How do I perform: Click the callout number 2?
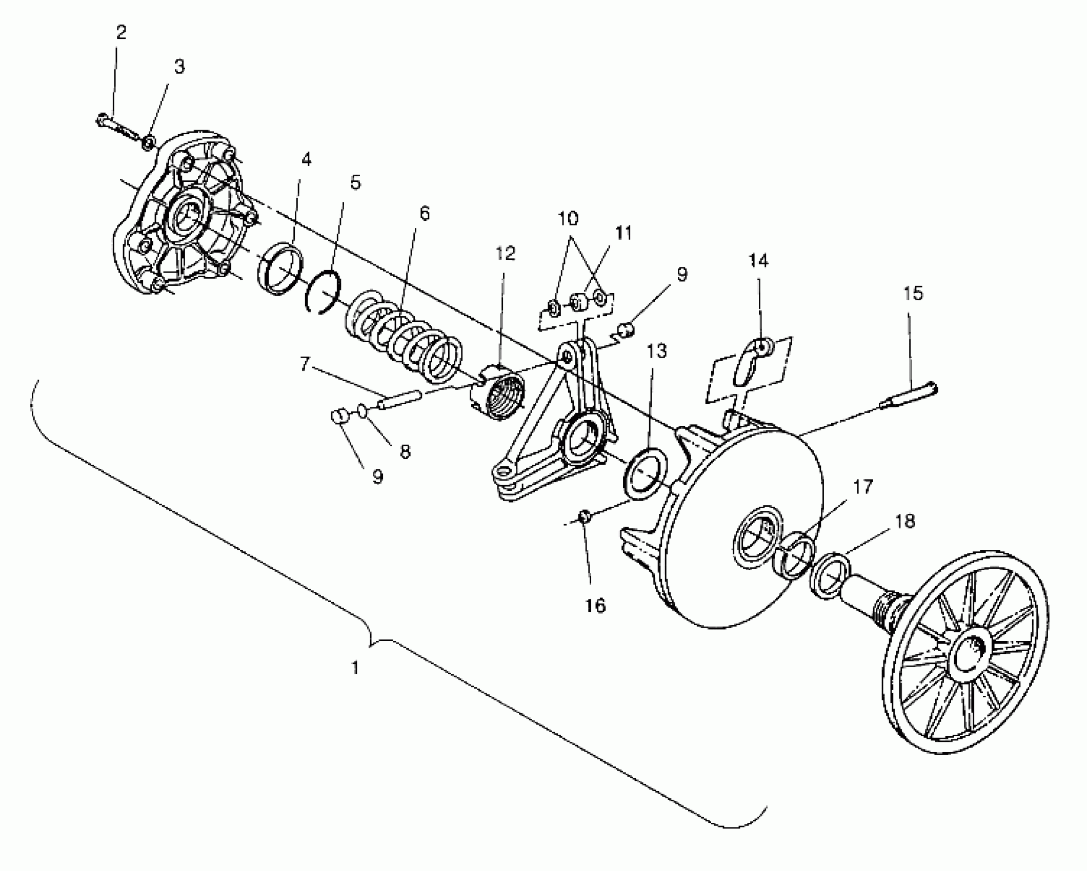pos(121,33)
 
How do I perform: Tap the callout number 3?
pos(179,67)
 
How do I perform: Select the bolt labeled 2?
pos(117,128)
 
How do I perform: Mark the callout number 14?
pos(759,260)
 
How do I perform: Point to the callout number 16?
pos(595,606)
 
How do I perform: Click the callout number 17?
pos(863,486)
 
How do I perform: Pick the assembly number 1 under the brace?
pos(355,668)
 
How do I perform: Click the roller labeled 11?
pos(579,301)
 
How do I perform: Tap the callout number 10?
pos(568,218)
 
